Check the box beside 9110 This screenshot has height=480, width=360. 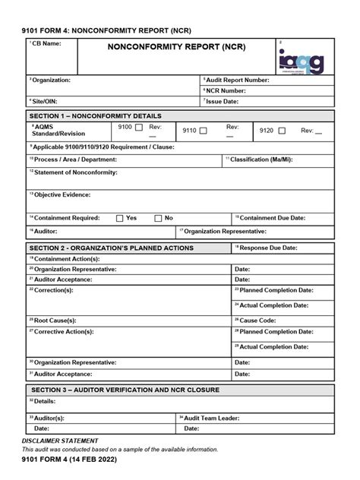202,131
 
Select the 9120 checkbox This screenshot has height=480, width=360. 282,131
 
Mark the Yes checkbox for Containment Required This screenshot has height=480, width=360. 119,218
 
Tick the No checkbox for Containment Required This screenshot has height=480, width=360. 158,218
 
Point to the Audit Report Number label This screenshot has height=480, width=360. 237,80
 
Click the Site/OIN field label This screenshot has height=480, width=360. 44,100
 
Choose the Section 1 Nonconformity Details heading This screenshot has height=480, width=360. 95,116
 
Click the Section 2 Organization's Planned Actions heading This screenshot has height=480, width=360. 111,248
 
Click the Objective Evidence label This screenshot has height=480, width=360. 61,194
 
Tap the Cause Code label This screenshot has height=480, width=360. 260,321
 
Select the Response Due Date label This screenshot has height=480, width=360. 267,248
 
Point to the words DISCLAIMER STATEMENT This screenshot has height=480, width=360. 60,441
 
